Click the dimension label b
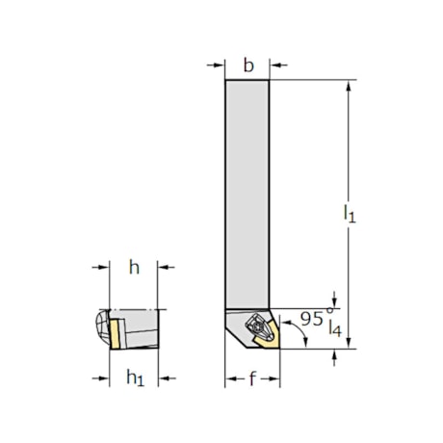pyautogui.click(x=248, y=65)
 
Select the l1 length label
pyautogui.click(x=350, y=215)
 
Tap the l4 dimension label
pyautogui.click(x=333, y=327)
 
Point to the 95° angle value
pyautogui.click(x=311, y=316)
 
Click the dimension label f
pyautogui.click(x=252, y=378)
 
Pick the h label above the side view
pyautogui.click(x=135, y=269)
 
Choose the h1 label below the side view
pyautogui.click(x=136, y=378)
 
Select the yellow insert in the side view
pyautogui.click(x=114, y=332)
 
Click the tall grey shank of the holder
pyautogui.click(x=248, y=193)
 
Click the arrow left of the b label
pyautogui.click(x=217, y=66)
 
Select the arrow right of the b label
pyautogui.click(x=278, y=66)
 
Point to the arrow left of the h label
pyautogui.click(x=100, y=269)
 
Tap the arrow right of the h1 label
pyautogui.click(x=166, y=378)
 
